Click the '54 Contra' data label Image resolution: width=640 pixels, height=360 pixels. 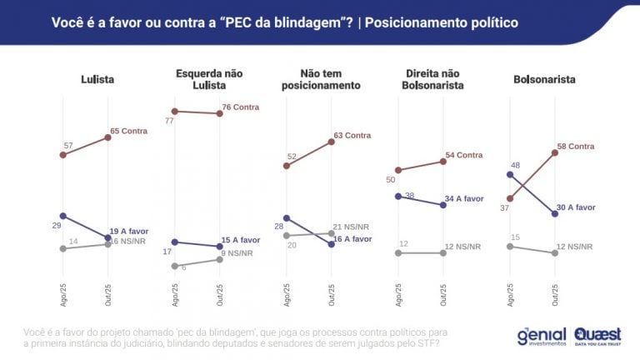pyautogui.click(x=463, y=155)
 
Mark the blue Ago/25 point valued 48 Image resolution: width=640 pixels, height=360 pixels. pyautogui.click(x=509, y=175)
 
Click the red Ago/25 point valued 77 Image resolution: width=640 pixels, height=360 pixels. pyautogui.click(x=174, y=111)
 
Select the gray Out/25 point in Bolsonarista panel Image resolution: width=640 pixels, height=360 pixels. pyautogui.click(x=554, y=252)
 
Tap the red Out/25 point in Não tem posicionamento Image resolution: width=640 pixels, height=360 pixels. pyautogui.click(x=331, y=142)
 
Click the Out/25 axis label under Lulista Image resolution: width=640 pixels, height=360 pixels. pyautogui.click(x=108, y=294)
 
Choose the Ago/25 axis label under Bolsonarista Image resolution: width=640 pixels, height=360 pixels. pyautogui.click(x=510, y=294)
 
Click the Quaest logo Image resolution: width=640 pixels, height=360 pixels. pyautogui.click(x=598, y=336)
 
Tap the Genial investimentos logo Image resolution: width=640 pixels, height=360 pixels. pyautogui.click(x=542, y=336)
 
